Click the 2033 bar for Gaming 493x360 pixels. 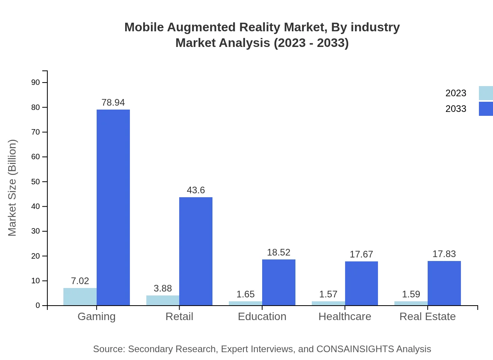coord(113,207)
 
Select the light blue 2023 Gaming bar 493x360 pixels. coord(80,297)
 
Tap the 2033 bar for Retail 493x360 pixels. coord(196,251)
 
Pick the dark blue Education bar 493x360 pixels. coord(279,282)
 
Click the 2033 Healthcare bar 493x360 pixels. coord(362,283)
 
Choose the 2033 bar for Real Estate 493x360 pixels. coord(444,283)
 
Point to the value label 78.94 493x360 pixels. coord(113,103)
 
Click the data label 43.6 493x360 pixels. coord(196,190)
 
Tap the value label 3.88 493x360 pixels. coord(163,288)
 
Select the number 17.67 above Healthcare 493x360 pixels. coord(362,254)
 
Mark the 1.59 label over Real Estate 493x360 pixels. coord(411,294)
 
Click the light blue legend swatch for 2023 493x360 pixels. coord(486,93)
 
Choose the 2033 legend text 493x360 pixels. coord(456,109)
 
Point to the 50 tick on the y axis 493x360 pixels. coord(36,182)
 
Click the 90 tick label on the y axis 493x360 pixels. coord(36,82)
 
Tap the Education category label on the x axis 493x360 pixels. coord(262,317)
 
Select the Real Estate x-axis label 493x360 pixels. coord(427,317)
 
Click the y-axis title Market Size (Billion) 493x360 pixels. coord(13,188)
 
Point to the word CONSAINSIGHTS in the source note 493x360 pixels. coord(355,349)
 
